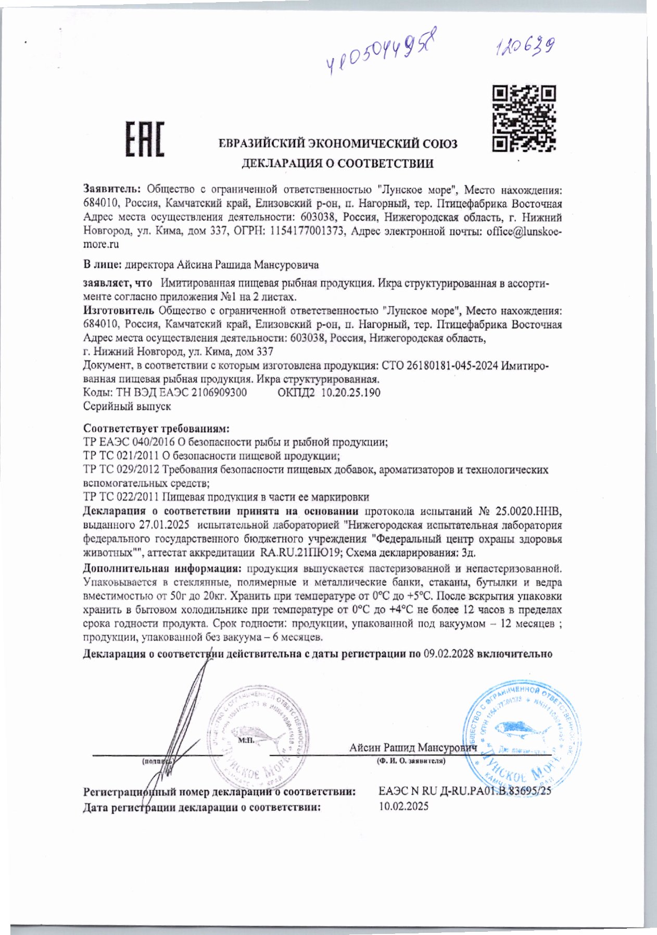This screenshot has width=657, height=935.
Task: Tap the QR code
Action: tap(524, 119)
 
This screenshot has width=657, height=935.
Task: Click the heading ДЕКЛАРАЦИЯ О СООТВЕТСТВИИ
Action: tap(337, 164)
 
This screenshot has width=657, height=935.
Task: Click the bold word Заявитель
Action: tap(112, 190)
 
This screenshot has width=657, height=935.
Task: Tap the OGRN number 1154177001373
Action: tap(308, 231)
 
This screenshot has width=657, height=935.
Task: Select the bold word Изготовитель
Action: tap(119, 311)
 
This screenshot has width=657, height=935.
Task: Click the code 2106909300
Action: tap(219, 392)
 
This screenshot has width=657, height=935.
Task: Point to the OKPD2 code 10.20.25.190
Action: tap(350, 392)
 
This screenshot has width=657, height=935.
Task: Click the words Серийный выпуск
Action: tap(127, 406)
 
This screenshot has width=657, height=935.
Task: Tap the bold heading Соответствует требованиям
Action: tap(156, 429)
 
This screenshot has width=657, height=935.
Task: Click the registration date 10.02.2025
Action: tap(404, 806)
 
